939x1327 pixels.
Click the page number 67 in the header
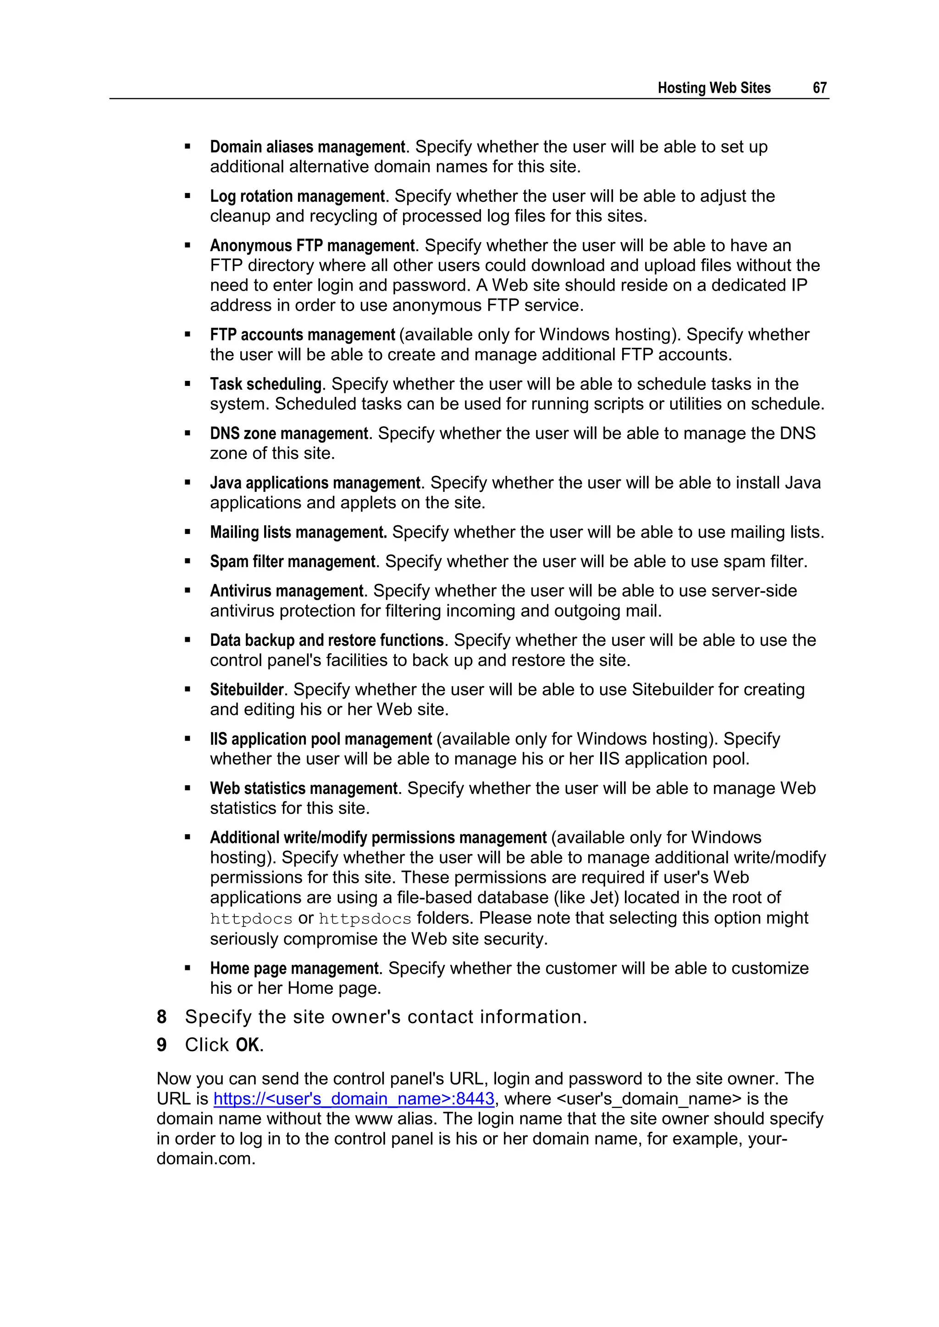[x=819, y=88]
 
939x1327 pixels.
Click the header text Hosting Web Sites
[x=713, y=88]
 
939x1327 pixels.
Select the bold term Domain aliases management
[x=307, y=147]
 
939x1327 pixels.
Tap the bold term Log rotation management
[x=297, y=197]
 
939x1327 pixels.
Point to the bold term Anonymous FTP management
[x=312, y=246]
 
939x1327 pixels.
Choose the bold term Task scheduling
[x=265, y=384]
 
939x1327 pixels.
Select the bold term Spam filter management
[x=293, y=562]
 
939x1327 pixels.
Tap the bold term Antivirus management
[x=287, y=591]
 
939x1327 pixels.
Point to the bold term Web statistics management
[x=304, y=788]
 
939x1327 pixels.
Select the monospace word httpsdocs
[x=365, y=919]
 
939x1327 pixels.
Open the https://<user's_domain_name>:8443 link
[x=354, y=1099]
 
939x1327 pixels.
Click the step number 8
[x=162, y=1017]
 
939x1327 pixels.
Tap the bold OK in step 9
[x=248, y=1045]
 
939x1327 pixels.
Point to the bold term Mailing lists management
[x=298, y=532]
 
